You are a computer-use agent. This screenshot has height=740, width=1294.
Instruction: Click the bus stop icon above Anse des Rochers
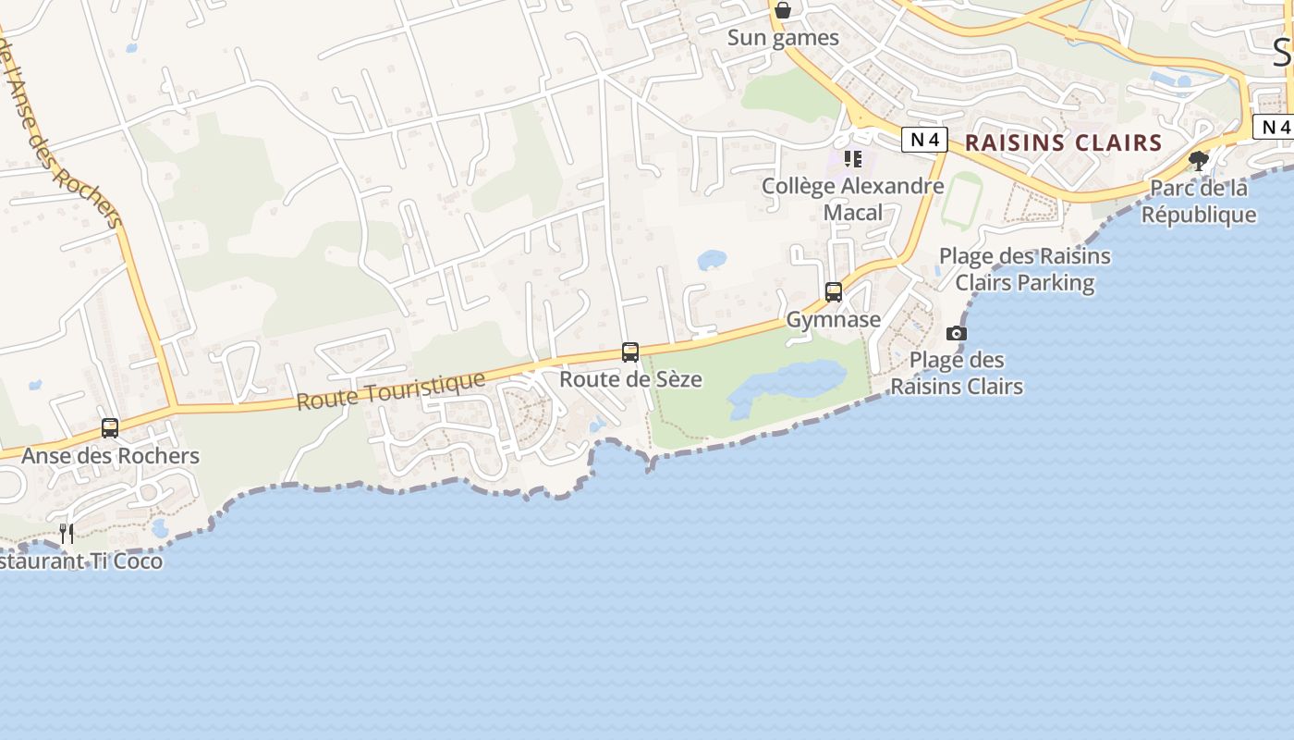[110, 428]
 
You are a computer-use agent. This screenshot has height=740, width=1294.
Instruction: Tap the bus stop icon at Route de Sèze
[630, 352]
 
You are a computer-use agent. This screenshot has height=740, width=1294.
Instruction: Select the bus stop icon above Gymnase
[834, 292]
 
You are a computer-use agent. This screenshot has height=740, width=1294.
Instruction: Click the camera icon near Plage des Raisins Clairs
[957, 333]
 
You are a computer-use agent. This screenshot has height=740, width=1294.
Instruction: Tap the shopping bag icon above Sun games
[783, 10]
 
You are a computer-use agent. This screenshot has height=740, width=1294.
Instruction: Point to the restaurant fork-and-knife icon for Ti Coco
[67, 533]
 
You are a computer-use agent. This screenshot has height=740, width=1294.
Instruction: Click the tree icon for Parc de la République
[1199, 161]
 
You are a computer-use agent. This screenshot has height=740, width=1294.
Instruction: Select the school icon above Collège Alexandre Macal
[852, 159]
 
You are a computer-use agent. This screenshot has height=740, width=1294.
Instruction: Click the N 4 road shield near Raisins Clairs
[925, 140]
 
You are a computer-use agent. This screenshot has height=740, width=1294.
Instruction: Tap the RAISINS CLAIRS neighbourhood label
[1063, 142]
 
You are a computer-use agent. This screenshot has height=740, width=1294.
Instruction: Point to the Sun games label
[783, 38]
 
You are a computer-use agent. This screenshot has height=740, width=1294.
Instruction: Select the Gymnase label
[834, 319]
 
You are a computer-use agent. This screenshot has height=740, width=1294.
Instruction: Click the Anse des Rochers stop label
[110, 456]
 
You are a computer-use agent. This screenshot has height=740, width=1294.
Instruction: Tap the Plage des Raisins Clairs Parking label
[1024, 269]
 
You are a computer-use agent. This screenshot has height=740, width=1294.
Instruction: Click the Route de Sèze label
[630, 379]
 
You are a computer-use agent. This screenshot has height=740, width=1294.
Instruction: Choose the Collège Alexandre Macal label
[852, 199]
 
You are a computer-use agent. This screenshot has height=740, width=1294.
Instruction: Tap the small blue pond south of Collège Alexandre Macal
[712, 260]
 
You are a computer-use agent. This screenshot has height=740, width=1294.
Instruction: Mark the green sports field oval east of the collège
[962, 200]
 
